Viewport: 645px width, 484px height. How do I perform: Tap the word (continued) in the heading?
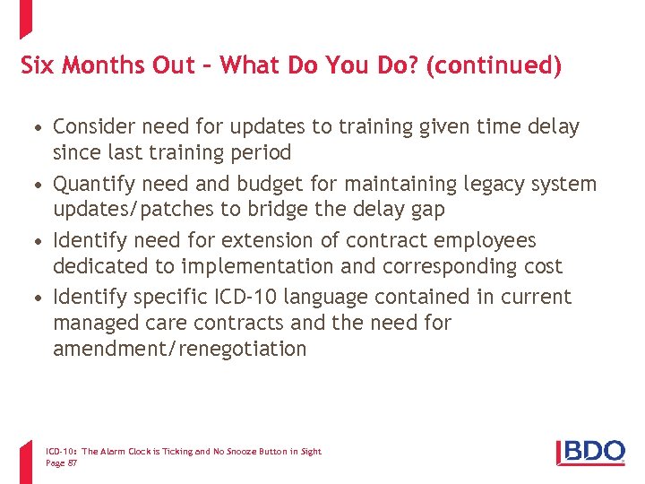click(494, 65)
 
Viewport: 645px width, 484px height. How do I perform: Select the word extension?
click(261, 240)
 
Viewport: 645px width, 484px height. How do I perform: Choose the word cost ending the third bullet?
click(535, 266)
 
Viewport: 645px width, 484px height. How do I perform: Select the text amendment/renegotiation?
click(179, 349)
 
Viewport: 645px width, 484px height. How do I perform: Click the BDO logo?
click(590, 451)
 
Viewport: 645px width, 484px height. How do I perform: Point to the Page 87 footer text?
click(61, 462)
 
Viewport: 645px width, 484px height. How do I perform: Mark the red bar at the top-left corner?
click(25, 18)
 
